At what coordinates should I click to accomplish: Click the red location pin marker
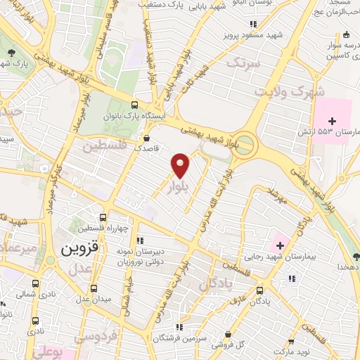(181, 165)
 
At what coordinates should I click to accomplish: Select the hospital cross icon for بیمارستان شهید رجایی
(281, 245)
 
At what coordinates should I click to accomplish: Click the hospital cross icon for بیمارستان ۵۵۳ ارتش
(331, 121)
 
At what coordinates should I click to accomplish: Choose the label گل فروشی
(252, 344)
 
